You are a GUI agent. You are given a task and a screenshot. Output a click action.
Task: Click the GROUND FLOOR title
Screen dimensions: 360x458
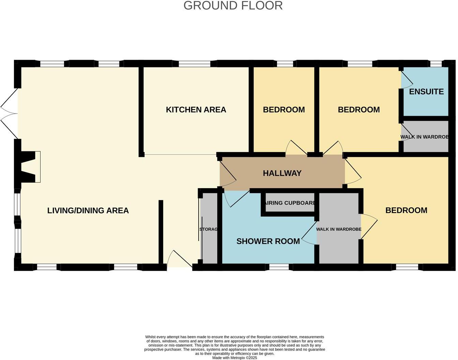coord(233,6)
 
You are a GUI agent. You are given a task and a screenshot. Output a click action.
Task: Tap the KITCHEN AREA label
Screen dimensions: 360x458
coord(196,110)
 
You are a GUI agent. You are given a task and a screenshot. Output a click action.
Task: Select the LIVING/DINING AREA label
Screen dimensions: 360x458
coord(88,211)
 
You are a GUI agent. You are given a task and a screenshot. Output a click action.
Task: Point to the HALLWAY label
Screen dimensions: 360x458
coord(282,173)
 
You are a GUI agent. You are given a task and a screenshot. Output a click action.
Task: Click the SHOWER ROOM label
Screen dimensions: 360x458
coord(268,241)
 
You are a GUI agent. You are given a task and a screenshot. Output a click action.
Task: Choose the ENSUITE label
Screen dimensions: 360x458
coord(426,92)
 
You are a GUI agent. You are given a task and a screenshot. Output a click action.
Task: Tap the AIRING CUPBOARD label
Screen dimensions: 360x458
coord(289,203)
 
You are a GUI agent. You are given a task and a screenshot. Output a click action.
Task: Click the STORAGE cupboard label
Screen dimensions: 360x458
coord(208,229)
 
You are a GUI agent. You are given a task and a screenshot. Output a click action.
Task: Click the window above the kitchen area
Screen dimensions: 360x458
coord(195,64)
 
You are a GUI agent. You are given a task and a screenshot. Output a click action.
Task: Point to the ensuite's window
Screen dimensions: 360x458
coord(436,64)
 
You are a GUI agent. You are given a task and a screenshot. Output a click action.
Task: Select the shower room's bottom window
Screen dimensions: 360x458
coord(279,267)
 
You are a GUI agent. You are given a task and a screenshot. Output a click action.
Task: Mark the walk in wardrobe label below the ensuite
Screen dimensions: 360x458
coord(424,137)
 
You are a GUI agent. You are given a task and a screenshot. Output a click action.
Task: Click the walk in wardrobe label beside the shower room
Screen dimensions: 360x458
coord(339,229)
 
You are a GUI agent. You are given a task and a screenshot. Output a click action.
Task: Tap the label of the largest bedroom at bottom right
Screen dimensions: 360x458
coord(406,210)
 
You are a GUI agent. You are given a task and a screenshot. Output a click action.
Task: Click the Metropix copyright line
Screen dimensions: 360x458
coord(234,358)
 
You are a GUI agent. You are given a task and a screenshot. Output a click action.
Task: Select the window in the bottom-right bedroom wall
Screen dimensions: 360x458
coord(407,267)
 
